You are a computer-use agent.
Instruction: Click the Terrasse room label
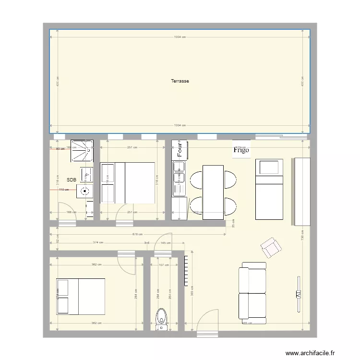click(180, 81)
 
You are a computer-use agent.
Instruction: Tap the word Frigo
click(241, 150)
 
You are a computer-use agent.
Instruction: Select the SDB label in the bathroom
click(72, 180)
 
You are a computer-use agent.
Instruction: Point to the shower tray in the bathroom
click(82, 150)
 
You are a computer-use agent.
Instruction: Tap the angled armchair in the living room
click(271, 247)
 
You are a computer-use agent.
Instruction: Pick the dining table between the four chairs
click(213, 192)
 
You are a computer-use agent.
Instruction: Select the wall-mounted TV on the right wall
click(298, 288)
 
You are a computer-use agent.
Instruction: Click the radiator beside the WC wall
click(186, 270)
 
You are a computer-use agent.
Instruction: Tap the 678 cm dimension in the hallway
click(137, 234)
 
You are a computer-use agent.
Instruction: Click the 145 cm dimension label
click(166, 243)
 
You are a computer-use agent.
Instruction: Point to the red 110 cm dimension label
click(63, 190)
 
